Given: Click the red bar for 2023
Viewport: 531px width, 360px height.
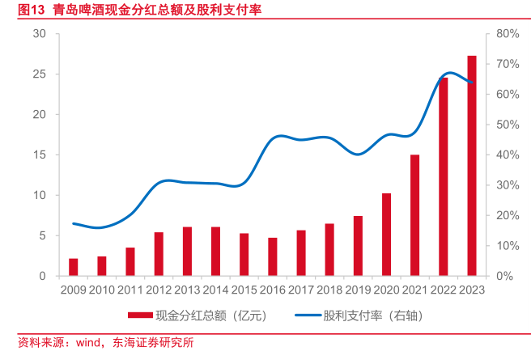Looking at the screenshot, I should pos(472,166).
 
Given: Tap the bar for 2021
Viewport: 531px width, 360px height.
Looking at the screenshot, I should pos(414,215).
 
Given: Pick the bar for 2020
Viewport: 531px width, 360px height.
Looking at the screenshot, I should pos(386,235).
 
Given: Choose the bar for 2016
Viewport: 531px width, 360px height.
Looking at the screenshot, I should pos(273,256).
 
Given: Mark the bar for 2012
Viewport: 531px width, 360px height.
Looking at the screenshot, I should pos(159,254).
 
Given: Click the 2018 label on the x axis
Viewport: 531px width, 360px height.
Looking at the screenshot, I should pos(329,289).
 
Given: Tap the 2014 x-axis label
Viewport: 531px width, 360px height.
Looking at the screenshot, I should pos(215,289).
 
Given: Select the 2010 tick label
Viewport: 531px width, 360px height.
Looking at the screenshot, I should pos(102,289).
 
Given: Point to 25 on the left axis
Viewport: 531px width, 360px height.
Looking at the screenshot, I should pos(40,74).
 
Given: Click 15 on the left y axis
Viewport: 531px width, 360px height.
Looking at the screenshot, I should pos(40,155).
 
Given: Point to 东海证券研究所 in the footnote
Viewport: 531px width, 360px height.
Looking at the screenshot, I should pos(154,343).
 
